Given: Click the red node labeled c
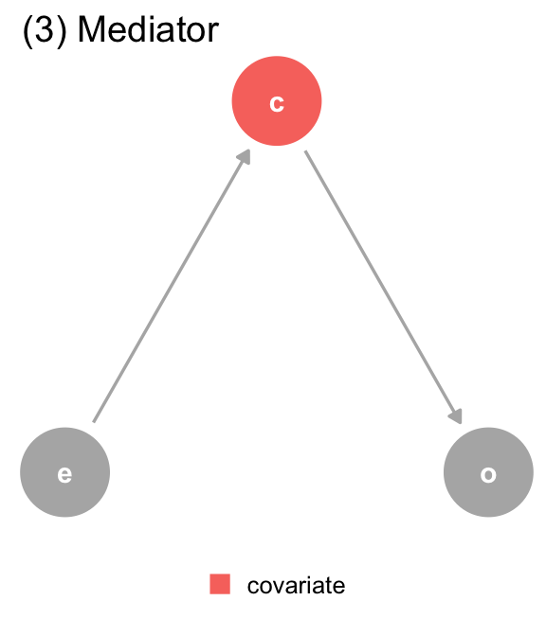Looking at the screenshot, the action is pos(277,101).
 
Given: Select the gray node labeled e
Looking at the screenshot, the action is pos(65,472).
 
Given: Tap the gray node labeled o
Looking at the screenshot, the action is pos(488,472).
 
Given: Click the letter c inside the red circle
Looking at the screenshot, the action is pos(277,103).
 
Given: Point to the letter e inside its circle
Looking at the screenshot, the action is pos(65,474).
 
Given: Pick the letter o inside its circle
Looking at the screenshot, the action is pos(488,474).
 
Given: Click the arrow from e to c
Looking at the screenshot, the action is pos(172,286).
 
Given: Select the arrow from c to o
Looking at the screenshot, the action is pos(384,287).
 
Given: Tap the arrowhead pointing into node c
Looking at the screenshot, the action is pos(245,157).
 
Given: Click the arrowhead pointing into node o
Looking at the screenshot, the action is pos(457,416).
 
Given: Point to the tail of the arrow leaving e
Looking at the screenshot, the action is pos(94,422).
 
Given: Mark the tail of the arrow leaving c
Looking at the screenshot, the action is pos(305,151).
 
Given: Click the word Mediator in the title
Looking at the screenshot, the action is pos(148,30).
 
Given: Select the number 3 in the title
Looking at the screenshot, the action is pos(45,30).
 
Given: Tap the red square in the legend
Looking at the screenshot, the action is pos(220,584).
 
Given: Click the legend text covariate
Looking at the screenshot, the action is pos(296,586).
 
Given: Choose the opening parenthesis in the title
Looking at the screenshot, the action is pos(28,31).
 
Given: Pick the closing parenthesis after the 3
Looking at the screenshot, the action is pos(61,31).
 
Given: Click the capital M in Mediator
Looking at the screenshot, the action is pos(90,30).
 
